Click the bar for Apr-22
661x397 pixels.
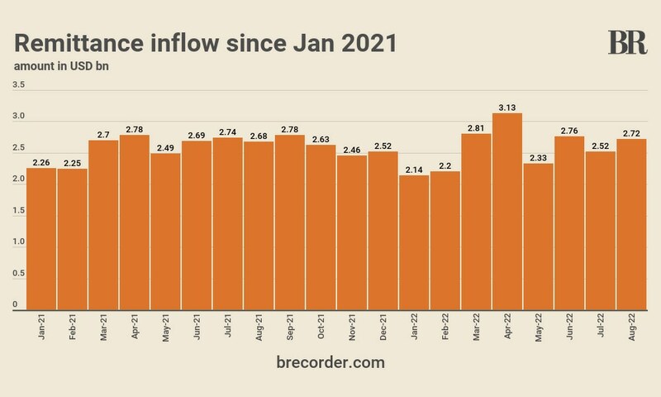[x=506, y=211]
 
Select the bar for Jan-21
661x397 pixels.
[x=41, y=239]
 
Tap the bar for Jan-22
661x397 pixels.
[x=414, y=243]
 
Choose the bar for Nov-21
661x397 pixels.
[x=352, y=232]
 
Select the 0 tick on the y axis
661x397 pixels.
[x=16, y=304]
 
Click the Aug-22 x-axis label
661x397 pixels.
[x=632, y=330]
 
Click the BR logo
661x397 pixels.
[x=627, y=42]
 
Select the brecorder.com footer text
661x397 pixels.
[x=330, y=362]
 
